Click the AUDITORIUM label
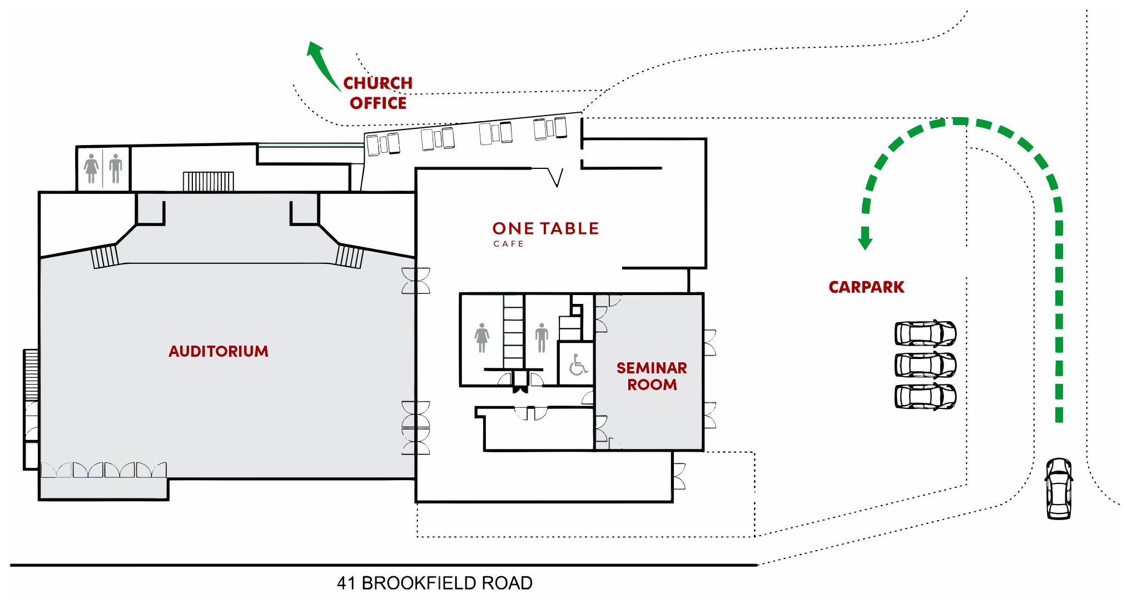[219, 351]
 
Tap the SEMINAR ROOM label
[652, 376]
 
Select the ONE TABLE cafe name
[545, 228]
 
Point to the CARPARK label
[866, 287]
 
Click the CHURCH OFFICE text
[378, 93]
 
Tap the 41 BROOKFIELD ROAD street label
[435, 583]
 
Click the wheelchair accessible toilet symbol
[578, 365]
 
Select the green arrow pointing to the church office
[322, 64]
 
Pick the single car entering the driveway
[1059, 488]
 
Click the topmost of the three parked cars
[925, 333]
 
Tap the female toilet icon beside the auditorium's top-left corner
[91, 168]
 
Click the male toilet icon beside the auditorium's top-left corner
[116, 168]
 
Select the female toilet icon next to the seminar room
[482, 338]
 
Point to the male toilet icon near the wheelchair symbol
[542, 338]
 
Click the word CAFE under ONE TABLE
[508, 244]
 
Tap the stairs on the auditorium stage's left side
[105, 256]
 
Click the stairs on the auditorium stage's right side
[350, 256]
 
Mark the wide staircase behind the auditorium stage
[208, 181]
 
